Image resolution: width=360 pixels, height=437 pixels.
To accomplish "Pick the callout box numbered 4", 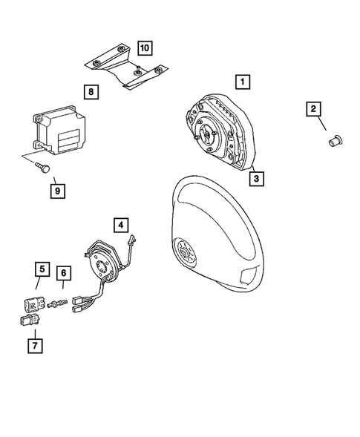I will [120, 223].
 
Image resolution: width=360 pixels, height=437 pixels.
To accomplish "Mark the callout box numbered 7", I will [33, 345].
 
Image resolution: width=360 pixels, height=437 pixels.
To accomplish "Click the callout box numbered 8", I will [90, 92].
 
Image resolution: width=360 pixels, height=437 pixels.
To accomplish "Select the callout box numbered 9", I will [58, 191].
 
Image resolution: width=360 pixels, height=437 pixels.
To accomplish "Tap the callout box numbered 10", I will [144, 47].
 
